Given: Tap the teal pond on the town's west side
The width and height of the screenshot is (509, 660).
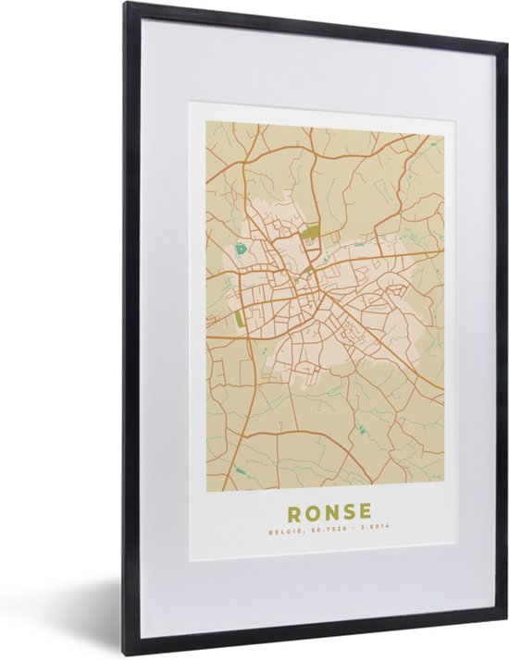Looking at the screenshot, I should click(x=242, y=248).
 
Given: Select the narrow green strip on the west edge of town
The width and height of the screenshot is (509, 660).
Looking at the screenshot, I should click(x=240, y=318).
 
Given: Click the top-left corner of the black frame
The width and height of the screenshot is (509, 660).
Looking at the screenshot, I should click(x=127, y=5).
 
